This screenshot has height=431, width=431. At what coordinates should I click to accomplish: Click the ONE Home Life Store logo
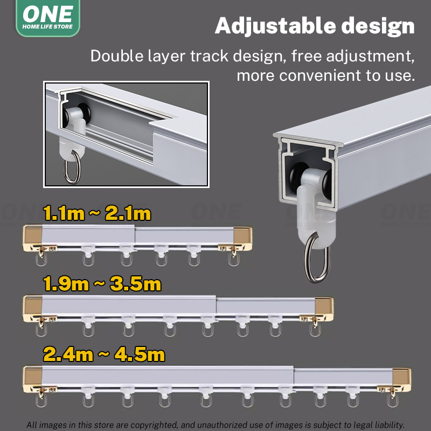(x=47, y=18)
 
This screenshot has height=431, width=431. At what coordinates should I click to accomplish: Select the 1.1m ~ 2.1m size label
(x=97, y=214)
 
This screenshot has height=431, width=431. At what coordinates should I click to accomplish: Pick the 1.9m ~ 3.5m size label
(x=102, y=284)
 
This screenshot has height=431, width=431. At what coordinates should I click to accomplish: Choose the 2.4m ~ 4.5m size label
(x=104, y=354)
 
